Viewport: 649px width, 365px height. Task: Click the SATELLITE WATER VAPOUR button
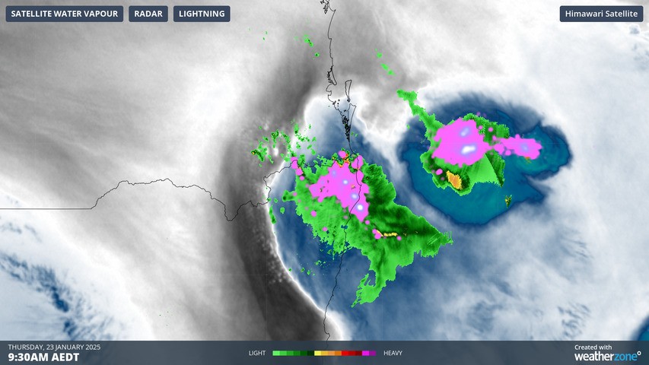click(x=64, y=14)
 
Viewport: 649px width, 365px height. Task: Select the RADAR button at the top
click(x=148, y=14)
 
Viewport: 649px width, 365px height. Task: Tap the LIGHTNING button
click(x=202, y=14)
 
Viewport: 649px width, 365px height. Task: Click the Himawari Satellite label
click(x=602, y=14)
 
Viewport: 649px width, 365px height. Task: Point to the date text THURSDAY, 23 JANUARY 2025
click(x=54, y=347)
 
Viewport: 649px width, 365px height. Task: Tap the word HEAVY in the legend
click(x=393, y=353)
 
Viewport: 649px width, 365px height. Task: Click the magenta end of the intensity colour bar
click(x=371, y=353)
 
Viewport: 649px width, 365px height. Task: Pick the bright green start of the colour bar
click(x=277, y=353)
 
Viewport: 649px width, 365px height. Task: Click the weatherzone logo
click(x=606, y=356)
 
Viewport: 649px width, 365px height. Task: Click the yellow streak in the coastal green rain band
click(x=390, y=235)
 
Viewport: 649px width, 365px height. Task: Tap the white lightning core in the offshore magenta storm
click(x=466, y=148)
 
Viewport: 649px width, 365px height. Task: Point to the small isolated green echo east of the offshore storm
click(x=507, y=202)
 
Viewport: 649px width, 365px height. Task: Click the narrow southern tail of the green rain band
click(x=364, y=294)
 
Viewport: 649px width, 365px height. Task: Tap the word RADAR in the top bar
click(x=148, y=14)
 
